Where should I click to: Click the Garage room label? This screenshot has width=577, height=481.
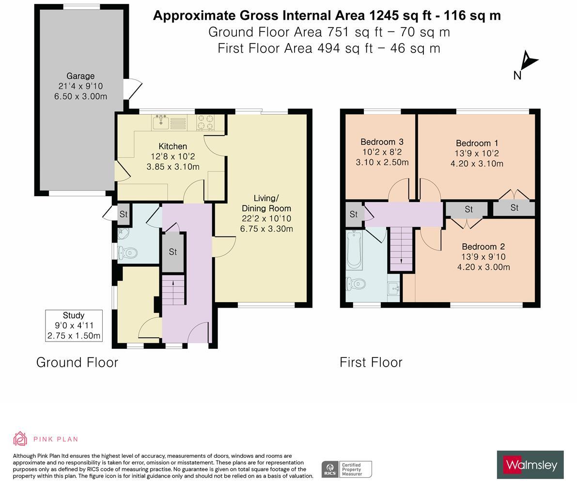coord(80,76)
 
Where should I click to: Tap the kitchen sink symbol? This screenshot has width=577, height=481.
coord(160,123)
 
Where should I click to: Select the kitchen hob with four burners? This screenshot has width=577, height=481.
coord(205,122)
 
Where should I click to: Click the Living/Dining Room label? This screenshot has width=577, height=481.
coord(266,203)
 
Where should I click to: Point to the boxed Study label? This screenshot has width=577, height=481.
coord(74,326)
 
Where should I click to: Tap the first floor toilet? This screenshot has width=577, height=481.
coord(356,284)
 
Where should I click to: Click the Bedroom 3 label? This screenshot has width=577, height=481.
coord(382,142)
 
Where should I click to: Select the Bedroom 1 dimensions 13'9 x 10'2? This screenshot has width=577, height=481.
coord(477,154)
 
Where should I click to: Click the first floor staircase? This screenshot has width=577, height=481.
coord(401,248)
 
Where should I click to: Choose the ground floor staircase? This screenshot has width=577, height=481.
coord(173,290)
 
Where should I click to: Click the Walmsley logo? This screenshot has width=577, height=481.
coord(530,465)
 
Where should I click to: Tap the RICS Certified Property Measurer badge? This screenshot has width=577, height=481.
coord(346,469)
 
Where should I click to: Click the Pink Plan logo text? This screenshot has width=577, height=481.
coord(55,439)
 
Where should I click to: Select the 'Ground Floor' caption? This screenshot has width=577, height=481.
coord(77,362)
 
